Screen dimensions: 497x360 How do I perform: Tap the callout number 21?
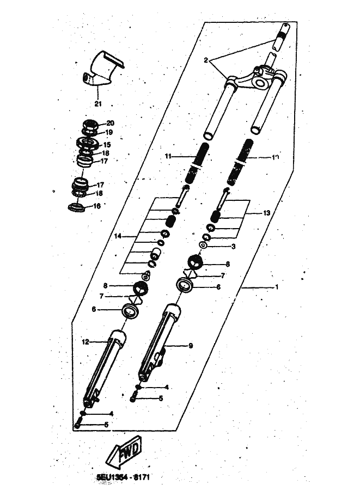(x=98, y=103)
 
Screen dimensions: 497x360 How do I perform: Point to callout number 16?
(x=97, y=206)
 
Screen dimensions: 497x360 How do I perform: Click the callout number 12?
(x=85, y=342)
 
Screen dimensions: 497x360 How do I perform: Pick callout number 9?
(x=191, y=345)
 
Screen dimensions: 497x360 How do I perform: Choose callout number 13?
(x=266, y=213)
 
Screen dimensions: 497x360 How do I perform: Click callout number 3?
(x=233, y=247)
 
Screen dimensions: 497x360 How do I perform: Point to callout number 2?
(x=206, y=60)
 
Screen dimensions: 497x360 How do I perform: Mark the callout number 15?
(x=107, y=145)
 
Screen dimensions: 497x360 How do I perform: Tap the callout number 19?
(x=109, y=132)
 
